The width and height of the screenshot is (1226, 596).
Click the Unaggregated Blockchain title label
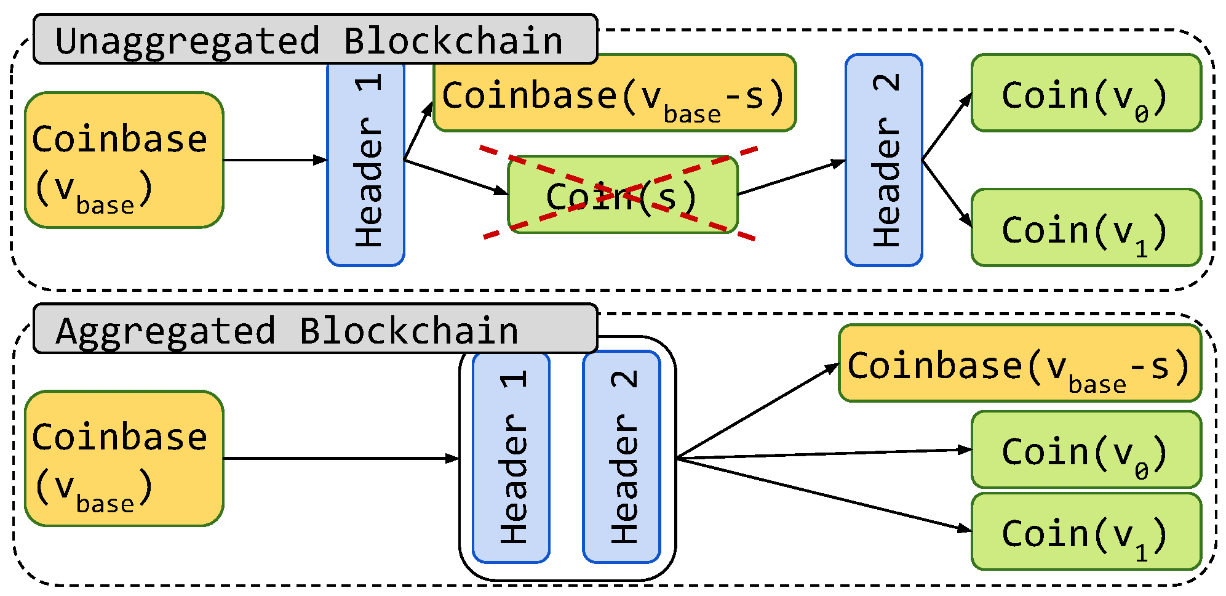click(314, 40)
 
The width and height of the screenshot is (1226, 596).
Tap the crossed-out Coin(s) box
click(622, 195)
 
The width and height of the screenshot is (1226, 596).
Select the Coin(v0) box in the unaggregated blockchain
click(1086, 94)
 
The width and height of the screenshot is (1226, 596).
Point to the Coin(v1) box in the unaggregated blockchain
click(1086, 228)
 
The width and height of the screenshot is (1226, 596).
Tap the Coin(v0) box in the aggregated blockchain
click(1086, 450)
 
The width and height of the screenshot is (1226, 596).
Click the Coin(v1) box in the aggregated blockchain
click(1086, 531)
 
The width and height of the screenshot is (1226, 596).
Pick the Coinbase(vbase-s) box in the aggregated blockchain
click(1019, 364)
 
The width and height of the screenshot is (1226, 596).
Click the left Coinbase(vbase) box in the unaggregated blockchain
click(124, 161)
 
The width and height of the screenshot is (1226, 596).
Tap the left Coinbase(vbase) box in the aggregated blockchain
click(124, 459)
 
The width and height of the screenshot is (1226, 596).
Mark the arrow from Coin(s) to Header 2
click(791, 178)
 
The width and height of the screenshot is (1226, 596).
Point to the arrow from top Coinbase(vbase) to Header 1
click(274, 160)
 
